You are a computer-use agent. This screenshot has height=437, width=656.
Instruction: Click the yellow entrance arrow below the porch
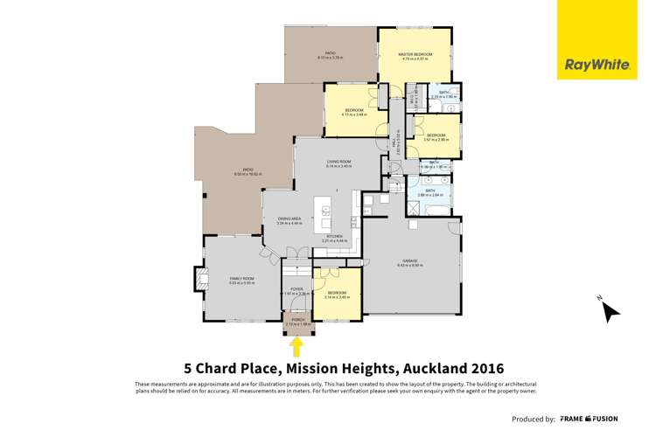[296, 346]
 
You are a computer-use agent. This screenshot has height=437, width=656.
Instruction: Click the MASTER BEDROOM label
[415, 55]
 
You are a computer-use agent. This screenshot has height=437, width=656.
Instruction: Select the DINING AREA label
[290, 218]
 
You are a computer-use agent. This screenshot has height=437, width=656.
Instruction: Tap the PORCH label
[296, 320]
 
